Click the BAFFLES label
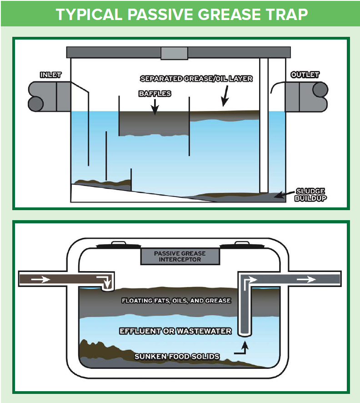point(155,94)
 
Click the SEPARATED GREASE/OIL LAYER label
point(196,79)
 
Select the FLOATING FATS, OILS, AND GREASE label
point(176,301)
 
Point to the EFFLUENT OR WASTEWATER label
point(175,331)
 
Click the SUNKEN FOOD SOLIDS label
point(177,357)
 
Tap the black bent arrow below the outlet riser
point(242,348)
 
